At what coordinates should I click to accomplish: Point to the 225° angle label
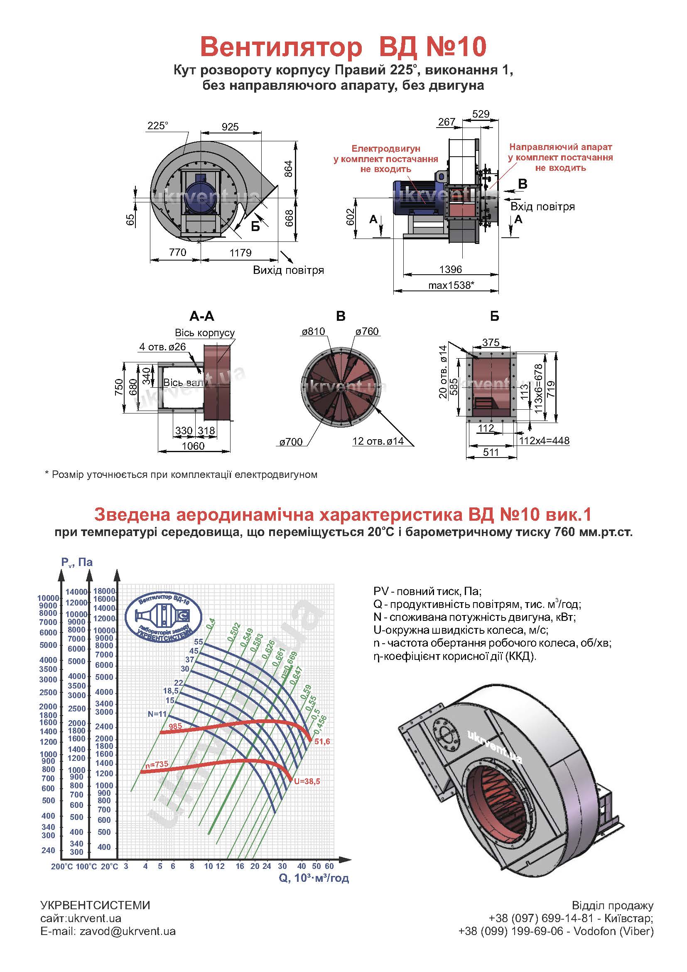(157, 126)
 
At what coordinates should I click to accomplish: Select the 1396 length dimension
(451, 269)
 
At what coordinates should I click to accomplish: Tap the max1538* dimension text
(451, 285)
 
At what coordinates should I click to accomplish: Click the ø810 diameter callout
(313, 332)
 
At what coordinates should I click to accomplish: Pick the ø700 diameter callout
(291, 442)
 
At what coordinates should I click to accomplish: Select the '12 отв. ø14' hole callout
(378, 441)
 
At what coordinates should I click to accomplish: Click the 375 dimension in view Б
(491, 342)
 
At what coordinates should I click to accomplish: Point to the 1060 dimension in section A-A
(193, 446)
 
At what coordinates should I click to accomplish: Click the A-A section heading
(202, 316)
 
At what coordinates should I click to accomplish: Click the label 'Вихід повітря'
(289, 270)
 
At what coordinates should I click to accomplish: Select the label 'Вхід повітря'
(542, 207)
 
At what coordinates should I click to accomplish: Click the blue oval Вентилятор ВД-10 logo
(164, 615)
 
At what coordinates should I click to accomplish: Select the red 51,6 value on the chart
(322, 741)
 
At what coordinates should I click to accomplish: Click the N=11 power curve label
(157, 714)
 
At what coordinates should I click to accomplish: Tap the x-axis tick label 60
(329, 866)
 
